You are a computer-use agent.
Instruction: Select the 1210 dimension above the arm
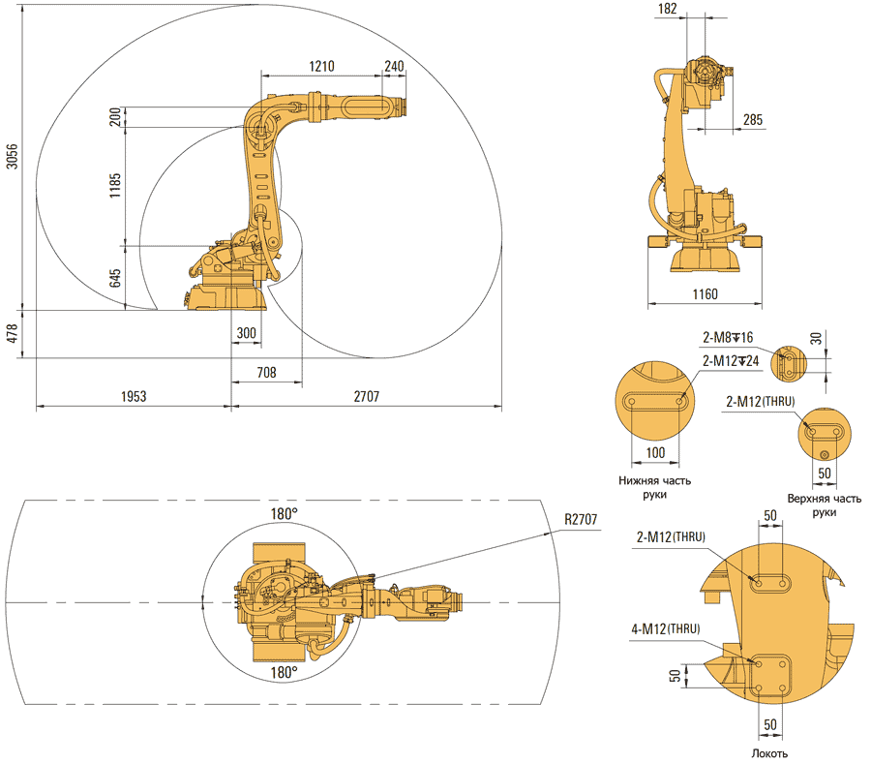[x=321, y=66]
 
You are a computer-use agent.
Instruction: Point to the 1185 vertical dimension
[x=115, y=185]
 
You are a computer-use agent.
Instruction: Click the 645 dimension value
[x=115, y=278]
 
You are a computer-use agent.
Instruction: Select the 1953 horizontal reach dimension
[x=134, y=396]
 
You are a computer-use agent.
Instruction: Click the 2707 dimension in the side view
[x=366, y=396]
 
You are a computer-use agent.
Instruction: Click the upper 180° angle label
[x=284, y=514]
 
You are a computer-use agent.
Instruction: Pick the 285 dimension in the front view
[x=752, y=120]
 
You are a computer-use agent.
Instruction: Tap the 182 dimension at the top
[x=694, y=9]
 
